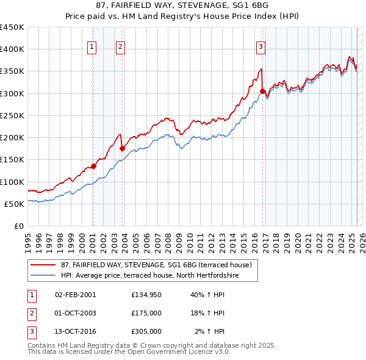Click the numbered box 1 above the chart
[91, 46]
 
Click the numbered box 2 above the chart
[121, 46]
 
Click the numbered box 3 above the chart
[260, 46]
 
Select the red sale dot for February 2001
[93, 166]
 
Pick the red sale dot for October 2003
[123, 148]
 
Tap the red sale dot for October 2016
[263, 92]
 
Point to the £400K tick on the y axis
[12, 49]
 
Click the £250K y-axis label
[12, 115]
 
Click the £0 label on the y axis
[19, 226]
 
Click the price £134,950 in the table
[146, 295]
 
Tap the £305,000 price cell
[146, 331]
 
